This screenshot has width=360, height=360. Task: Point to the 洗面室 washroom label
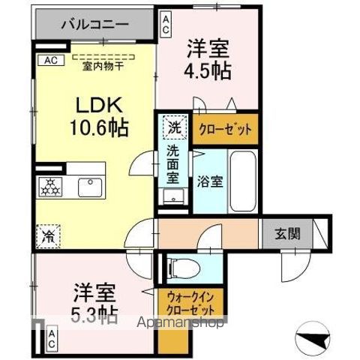click(173, 166)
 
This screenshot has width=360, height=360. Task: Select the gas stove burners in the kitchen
click(52, 187)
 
